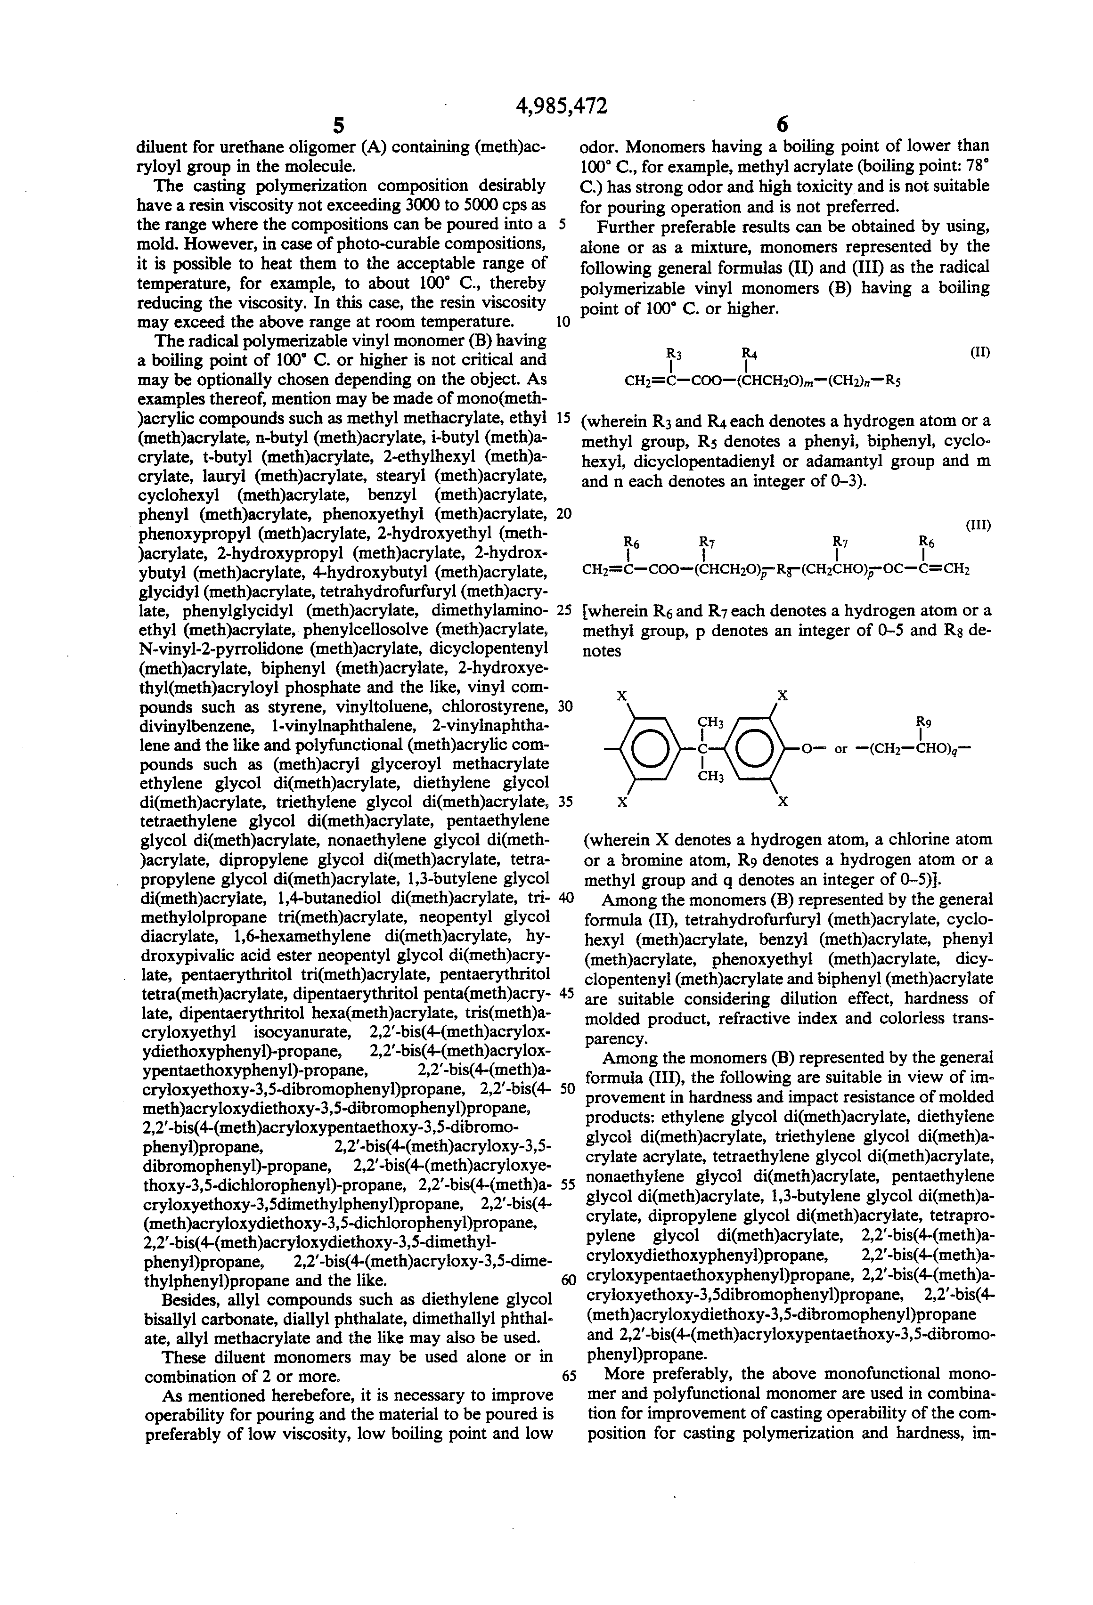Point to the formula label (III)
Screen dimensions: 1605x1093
point(978,525)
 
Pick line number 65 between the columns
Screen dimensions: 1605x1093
point(569,1376)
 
